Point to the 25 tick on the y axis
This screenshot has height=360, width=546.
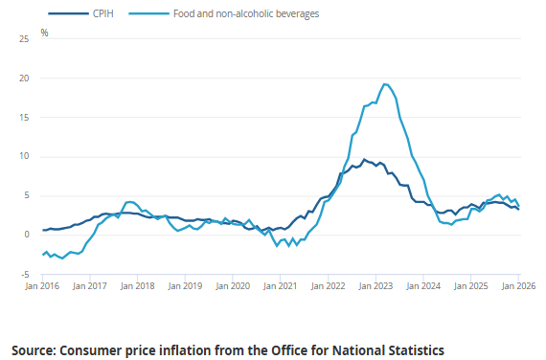click(x=20, y=38)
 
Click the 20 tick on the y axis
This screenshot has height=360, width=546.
click(x=20, y=78)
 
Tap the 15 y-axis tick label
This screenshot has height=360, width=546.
click(x=20, y=117)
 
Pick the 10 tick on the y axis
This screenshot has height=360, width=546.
click(x=20, y=156)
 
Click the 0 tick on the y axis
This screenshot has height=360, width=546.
click(x=23, y=235)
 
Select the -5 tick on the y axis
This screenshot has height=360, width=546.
click(x=21, y=274)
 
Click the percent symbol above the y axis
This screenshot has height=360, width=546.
click(x=45, y=33)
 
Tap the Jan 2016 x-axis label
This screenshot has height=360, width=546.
click(x=42, y=285)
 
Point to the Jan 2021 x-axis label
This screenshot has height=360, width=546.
click(x=280, y=285)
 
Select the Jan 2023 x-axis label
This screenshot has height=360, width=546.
click(x=375, y=285)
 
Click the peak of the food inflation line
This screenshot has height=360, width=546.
click(x=384, y=84)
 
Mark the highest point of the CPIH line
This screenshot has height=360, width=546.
click(x=363, y=160)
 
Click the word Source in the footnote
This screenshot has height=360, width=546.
click(x=38, y=349)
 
